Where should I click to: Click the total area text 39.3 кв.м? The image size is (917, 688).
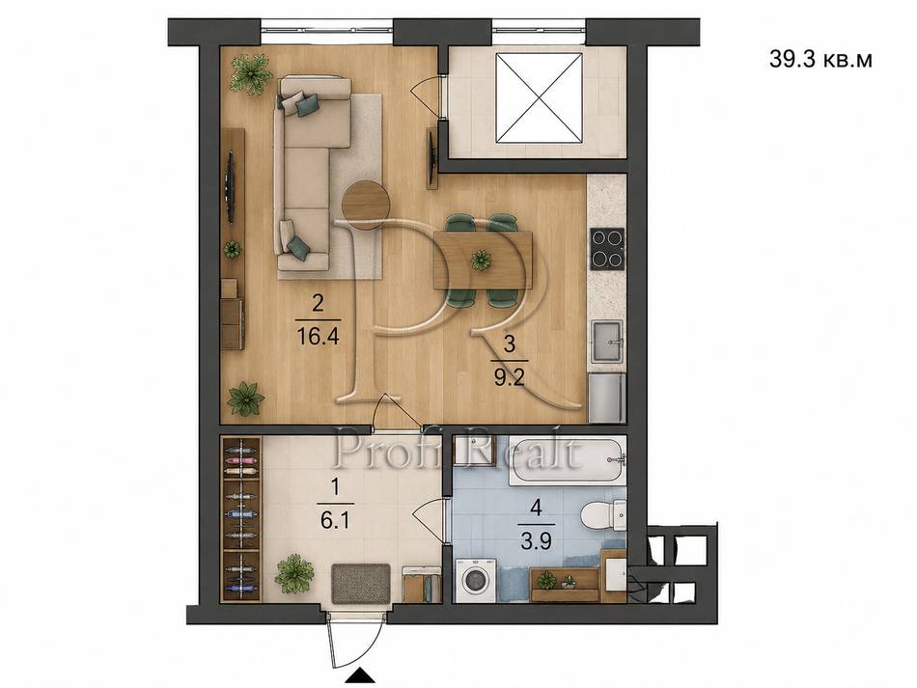click(820, 60)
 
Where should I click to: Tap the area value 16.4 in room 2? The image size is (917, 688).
click(319, 337)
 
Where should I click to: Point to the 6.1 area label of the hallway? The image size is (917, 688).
click(335, 520)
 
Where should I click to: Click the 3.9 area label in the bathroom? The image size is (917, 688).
click(536, 542)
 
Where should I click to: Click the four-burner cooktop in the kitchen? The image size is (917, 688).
click(607, 248)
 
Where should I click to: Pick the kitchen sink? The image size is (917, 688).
click(608, 342)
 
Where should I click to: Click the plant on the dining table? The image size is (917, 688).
click(482, 261)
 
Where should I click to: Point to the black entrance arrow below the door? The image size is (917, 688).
click(360, 675)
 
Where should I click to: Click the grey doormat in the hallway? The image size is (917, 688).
click(360, 583)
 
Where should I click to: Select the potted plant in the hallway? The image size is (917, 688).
click(294, 573)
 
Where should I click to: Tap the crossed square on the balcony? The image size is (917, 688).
click(539, 97)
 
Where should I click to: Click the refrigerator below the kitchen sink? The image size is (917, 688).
click(607, 398)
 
